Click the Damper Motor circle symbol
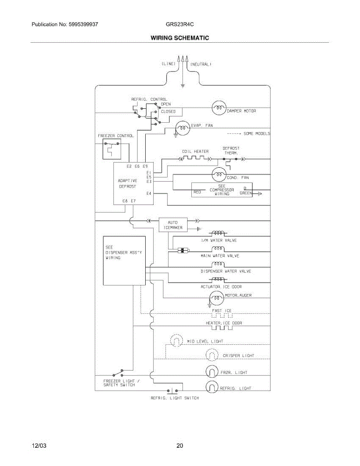click(x=219, y=108)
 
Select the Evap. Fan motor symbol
click(x=183, y=128)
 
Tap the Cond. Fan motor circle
click(x=219, y=175)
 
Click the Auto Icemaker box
click(x=173, y=225)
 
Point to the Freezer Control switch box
click(x=112, y=149)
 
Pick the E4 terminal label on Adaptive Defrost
click(x=149, y=193)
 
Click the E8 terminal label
click(x=125, y=201)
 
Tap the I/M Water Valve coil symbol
click(x=218, y=233)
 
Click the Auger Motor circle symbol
click(x=217, y=298)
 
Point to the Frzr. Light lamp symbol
click(x=212, y=372)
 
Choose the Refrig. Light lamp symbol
click(x=212, y=387)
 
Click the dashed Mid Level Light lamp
click(x=176, y=340)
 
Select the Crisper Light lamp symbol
click(x=212, y=355)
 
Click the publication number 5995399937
click(x=83, y=24)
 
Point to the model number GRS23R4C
click(x=180, y=24)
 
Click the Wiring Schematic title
click(x=180, y=38)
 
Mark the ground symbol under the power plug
click(x=183, y=86)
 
